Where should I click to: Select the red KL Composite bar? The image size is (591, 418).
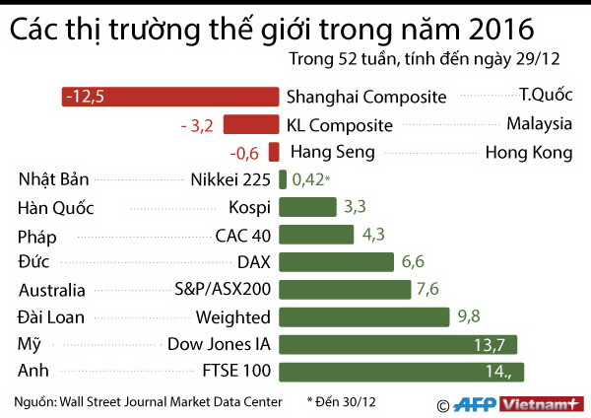point(251,124)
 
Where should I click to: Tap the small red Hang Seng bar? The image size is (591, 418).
point(274,152)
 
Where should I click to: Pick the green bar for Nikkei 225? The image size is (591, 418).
point(284,179)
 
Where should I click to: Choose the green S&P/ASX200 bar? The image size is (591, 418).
point(346,289)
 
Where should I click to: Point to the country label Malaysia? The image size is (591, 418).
point(539,124)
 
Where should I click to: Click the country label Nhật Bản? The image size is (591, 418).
point(54,179)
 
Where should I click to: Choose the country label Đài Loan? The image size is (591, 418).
point(51,316)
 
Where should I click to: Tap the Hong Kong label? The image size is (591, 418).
point(529,152)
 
